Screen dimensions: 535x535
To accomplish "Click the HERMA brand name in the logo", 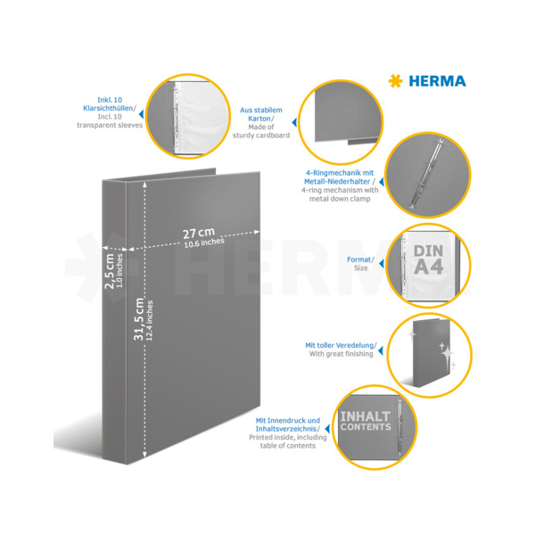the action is click(x=437, y=81).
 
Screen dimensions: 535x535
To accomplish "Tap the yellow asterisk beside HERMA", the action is click(x=395, y=81).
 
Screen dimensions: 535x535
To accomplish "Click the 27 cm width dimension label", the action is click(x=199, y=233).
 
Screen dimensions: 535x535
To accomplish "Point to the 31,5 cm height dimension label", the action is click(x=139, y=319).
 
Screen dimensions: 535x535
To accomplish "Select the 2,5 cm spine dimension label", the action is click(x=109, y=271).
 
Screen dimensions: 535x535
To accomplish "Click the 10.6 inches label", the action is click(x=204, y=243).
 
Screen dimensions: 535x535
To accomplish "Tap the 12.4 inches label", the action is click(x=150, y=321).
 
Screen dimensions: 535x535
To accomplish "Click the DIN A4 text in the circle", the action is click(x=429, y=259).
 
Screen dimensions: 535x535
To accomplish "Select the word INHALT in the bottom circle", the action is click(x=366, y=416).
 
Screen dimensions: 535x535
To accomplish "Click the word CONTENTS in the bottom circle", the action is click(x=366, y=427).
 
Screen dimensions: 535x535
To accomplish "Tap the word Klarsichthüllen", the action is click(x=108, y=108).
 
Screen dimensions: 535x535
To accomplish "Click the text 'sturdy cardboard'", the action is click(x=261, y=136).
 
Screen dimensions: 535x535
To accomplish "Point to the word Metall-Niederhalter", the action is click(x=337, y=182).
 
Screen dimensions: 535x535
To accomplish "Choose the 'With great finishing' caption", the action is click(x=341, y=354).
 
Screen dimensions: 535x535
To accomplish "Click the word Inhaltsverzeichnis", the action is click(x=286, y=429).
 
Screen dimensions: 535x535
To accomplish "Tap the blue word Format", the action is click(x=358, y=259).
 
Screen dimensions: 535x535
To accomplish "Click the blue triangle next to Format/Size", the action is click(x=382, y=263).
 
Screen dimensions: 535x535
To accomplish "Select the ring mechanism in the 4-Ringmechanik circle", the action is click(x=426, y=173).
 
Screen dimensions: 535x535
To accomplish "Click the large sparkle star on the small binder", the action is click(x=447, y=355).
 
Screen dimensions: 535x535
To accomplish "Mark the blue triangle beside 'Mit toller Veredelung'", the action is click(x=381, y=350).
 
